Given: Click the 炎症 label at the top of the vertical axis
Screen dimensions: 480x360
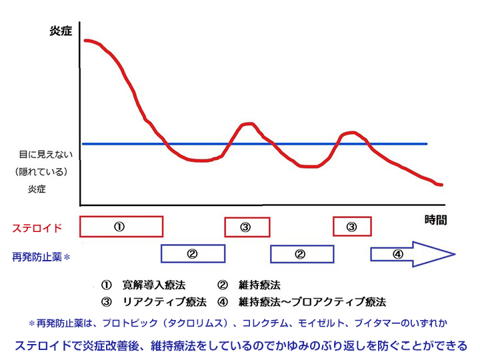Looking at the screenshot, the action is click(61, 31).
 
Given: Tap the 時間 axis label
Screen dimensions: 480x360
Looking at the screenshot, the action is click(435, 220).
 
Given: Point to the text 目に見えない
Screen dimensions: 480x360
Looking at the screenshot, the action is click(46, 154).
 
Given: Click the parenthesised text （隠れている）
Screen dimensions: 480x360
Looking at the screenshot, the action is click(41, 172).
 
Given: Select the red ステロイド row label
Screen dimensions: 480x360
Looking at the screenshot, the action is click(37, 228).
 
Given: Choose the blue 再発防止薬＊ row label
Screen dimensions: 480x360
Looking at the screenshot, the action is click(41, 257).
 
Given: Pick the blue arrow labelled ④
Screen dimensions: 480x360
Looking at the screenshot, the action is click(413, 254).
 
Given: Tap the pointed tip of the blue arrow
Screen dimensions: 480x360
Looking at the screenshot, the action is click(455, 254).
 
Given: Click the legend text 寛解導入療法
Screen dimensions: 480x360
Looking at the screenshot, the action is click(154, 285).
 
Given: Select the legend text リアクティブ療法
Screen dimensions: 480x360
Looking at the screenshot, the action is click(165, 302).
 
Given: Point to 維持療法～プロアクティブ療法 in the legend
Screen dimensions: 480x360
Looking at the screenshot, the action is click(312, 302).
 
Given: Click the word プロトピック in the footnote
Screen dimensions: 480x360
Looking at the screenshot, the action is click(130, 323).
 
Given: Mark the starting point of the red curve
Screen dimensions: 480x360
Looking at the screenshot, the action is click(85, 41).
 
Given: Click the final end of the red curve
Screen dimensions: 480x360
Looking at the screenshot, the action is click(442, 185).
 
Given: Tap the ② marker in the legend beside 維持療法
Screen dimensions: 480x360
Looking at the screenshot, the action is click(223, 285).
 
